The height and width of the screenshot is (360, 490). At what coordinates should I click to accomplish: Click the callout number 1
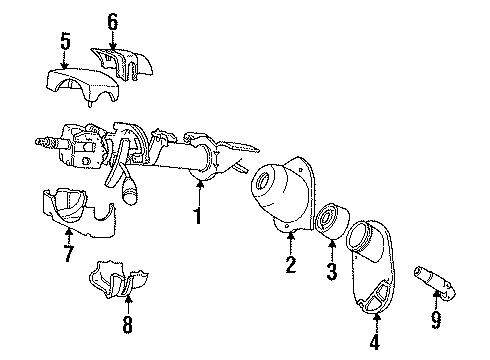pyautogui.click(x=198, y=213)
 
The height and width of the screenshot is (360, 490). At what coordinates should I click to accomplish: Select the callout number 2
pyautogui.click(x=290, y=264)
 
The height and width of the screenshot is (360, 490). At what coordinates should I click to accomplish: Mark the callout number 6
pyautogui.click(x=112, y=19)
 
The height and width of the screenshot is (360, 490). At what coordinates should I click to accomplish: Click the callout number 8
pyautogui.click(x=127, y=324)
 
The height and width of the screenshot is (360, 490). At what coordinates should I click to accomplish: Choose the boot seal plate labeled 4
pyautogui.click(x=375, y=274)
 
